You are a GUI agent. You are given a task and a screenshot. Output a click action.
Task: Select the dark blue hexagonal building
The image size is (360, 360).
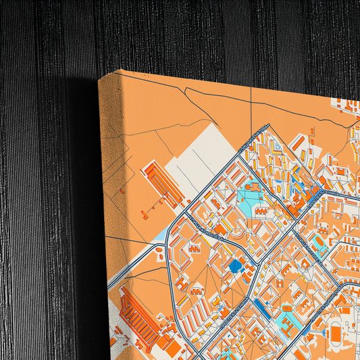pyautogui.click(x=236, y=266)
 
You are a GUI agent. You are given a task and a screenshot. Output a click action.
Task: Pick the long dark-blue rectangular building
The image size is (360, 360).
pyautogui.click(x=263, y=309)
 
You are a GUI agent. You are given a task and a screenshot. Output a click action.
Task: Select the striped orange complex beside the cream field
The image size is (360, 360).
pyautogui.click(x=162, y=182)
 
